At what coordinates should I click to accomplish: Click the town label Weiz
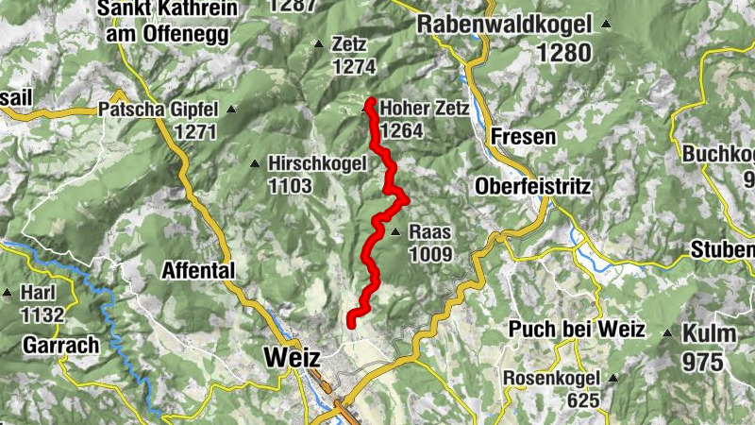click(294, 358)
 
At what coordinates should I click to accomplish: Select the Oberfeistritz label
click(533, 186)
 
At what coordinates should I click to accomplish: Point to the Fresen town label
click(524, 137)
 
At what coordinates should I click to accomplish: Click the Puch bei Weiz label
click(576, 330)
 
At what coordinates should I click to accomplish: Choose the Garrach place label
click(62, 345)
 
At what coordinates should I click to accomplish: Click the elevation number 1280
click(564, 53)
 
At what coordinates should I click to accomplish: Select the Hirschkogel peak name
click(317, 163)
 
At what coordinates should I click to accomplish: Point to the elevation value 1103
click(290, 185)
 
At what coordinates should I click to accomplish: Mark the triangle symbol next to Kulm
click(668, 332)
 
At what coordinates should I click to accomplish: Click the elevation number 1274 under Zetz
click(354, 66)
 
